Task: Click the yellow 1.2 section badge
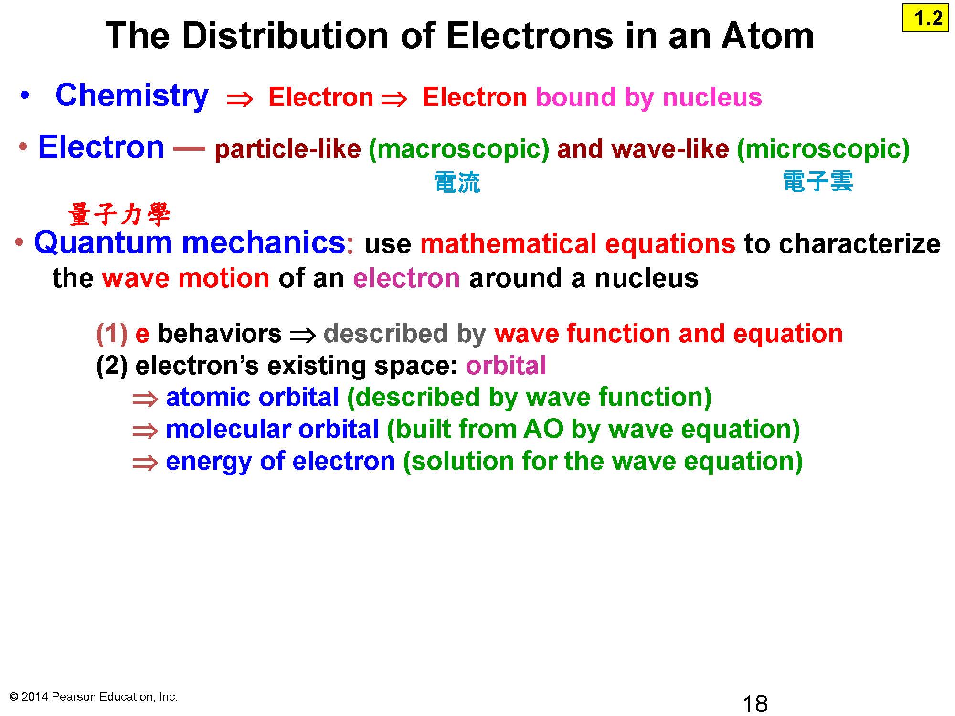pos(925,18)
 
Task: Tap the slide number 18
pos(755,704)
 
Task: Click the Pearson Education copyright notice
pos(94,697)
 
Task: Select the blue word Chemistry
pos(132,96)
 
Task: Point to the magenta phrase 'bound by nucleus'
pos(649,97)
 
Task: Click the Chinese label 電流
pos(457,183)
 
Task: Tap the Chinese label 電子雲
pos(818,182)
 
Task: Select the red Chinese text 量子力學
pos(119,214)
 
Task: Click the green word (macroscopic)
pos(459,149)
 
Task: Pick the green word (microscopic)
pos(823,149)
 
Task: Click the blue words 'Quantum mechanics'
pos(190,242)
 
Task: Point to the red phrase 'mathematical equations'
pos(578,243)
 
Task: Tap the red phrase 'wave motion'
pos(186,278)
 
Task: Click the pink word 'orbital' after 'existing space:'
pos(506,366)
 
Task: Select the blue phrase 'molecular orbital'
pos(272,429)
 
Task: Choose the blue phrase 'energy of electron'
pos(280,462)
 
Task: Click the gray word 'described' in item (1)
pos(386,334)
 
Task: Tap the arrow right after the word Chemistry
pos(240,99)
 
